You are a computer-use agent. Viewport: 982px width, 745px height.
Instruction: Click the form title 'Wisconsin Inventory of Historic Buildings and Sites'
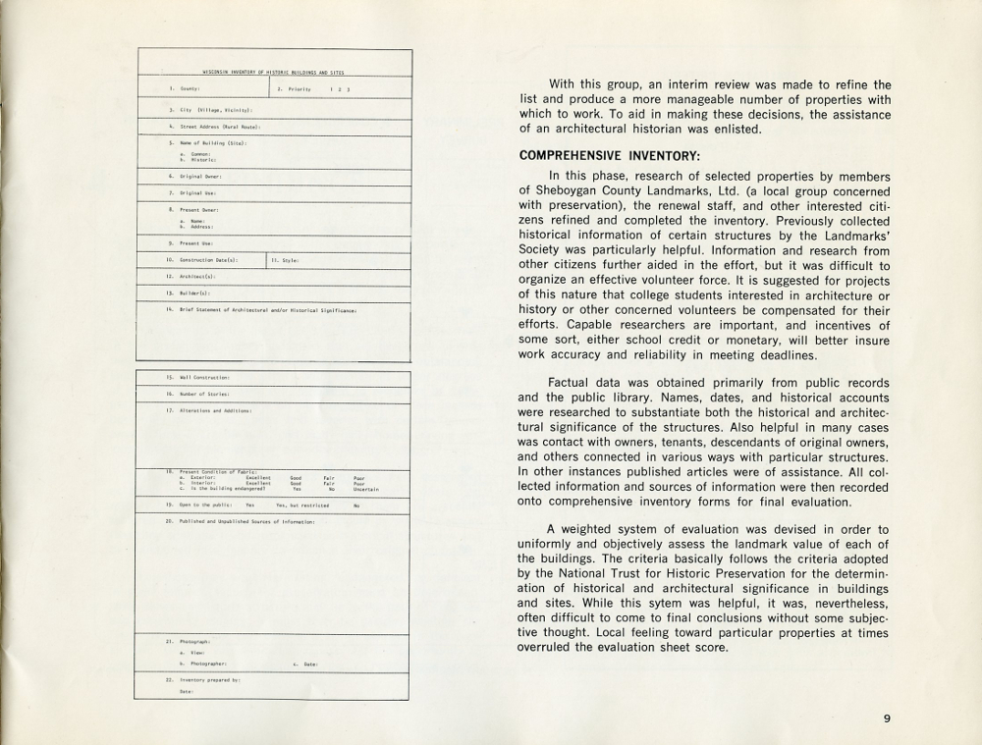click(x=273, y=72)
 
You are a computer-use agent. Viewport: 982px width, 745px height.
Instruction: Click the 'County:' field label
click(x=191, y=89)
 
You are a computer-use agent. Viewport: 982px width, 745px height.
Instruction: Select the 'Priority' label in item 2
click(x=300, y=89)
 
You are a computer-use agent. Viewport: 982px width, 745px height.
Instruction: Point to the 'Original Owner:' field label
click(x=200, y=177)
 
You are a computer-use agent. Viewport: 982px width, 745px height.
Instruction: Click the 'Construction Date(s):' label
click(x=208, y=260)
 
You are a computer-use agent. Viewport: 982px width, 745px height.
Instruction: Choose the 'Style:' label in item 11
click(x=291, y=260)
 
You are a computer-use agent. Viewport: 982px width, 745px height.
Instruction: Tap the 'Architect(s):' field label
click(x=197, y=277)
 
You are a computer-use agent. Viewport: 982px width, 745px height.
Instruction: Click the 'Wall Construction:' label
click(x=204, y=377)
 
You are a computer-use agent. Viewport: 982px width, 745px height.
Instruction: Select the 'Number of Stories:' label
click(x=204, y=394)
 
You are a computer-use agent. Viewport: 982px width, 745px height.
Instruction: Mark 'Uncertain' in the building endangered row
click(x=366, y=489)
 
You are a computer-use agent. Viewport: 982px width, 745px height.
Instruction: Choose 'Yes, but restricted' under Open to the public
click(x=302, y=506)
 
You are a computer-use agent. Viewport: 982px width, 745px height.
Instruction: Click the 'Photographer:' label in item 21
click(x=208, y=664)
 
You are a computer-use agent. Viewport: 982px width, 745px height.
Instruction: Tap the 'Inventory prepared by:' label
click(x=209, y=679)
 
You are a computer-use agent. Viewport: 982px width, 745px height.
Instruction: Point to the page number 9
click(x=887, y=718)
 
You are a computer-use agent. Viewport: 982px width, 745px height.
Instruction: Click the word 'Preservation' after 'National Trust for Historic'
click(x=725, y=573)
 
